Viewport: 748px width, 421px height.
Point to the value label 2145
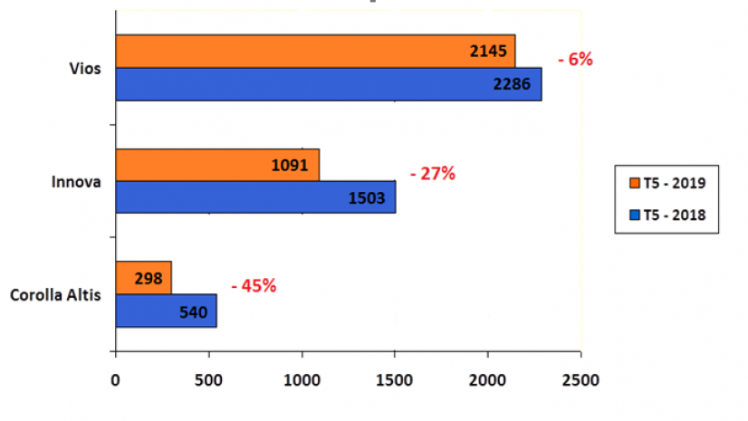[x=490, y=52]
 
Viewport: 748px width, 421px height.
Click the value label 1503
[x=368, y=197]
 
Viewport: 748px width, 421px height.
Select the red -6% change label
[x=575, y=60]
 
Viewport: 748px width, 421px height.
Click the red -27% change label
[x=432, y=173]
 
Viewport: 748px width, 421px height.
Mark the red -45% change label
[x=254, y=286]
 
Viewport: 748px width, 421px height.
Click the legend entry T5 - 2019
[x=666, y=183]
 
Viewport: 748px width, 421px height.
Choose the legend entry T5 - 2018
[x=666, y=215]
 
